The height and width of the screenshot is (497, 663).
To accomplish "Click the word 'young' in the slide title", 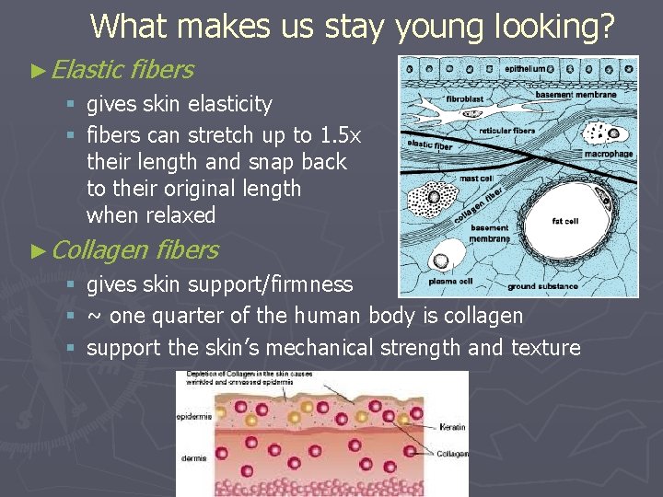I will (x=436, y=27).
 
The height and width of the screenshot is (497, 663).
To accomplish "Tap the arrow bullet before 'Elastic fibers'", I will (x=37, y=69).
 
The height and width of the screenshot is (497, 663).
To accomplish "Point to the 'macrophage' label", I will (x=609, y=154).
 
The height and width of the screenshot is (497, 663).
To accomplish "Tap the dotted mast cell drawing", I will (x=426, y=201).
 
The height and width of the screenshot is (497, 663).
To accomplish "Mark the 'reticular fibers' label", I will (x=507, y=131).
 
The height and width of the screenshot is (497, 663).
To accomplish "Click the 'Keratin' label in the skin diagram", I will (x=452, y=428).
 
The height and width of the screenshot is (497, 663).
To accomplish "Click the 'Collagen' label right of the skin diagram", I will (x=452, y=453).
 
